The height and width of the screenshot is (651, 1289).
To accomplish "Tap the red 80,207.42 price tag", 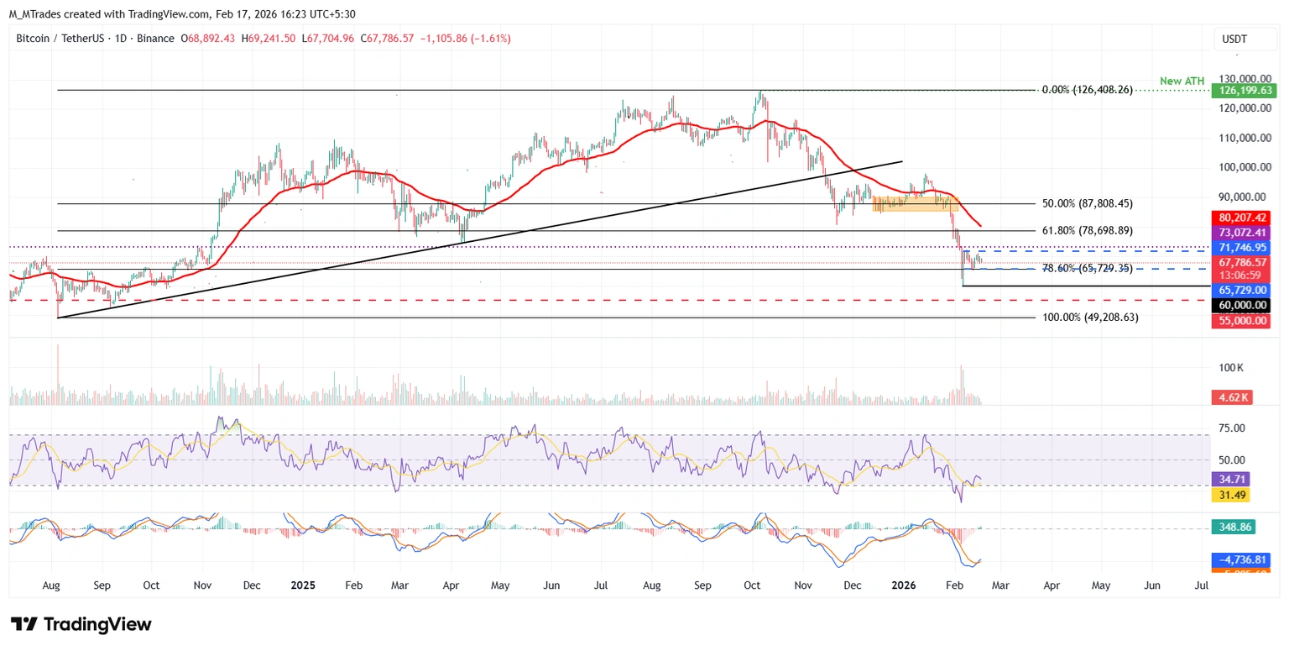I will [1240, 217].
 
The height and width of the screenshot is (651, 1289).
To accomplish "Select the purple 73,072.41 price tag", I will [1240, 231].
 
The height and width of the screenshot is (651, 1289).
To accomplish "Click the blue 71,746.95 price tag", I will [1240, 248].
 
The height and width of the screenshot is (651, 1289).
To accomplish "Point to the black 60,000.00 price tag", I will [1240, 305].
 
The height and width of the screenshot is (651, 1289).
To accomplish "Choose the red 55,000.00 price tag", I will [1240, 321].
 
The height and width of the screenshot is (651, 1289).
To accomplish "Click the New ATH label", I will [1182, 81].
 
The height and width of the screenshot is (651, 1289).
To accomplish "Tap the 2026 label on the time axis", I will [904, 585].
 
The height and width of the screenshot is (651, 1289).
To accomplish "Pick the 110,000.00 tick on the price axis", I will [1242, 138].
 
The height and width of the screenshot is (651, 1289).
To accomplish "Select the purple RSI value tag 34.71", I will [1231, 479].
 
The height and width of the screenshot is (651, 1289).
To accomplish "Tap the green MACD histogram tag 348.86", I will [1233, 528].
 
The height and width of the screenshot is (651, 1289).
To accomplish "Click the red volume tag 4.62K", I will [1232, 397].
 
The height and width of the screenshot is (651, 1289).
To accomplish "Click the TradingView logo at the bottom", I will [81, 624].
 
